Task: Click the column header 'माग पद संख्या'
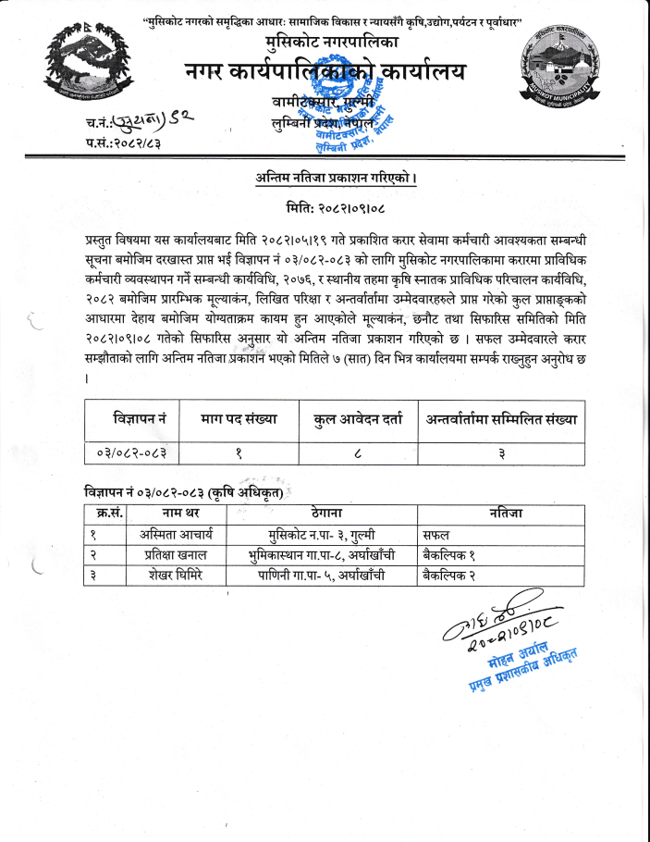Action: (239, 419)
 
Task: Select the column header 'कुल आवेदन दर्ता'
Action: (358, 419)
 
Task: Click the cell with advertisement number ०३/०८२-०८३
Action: (131, 452)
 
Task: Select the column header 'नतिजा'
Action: (505, 513)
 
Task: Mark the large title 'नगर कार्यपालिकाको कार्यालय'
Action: (325, 71)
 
